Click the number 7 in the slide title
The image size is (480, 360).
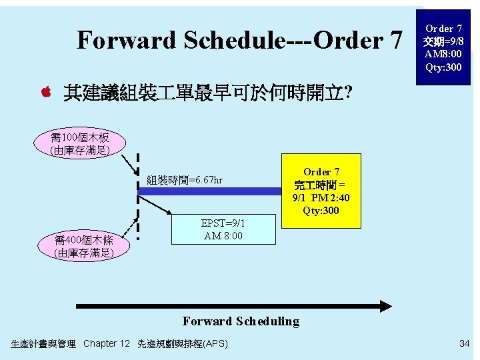click(395, 41)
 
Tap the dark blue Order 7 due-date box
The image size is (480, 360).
click(443, 48)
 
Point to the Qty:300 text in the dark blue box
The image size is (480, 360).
click(443, 67)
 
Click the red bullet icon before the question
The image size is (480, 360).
click(47, 92)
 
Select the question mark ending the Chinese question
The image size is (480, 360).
click(349, 93)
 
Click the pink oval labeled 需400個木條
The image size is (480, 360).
click(84, 246)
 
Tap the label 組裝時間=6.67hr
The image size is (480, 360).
click(185, 180)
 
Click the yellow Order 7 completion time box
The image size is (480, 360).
click(321, 191)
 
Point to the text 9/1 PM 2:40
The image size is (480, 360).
click(321, 198)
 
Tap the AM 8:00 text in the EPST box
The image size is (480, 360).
click(223, 236)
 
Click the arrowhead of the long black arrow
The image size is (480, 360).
click(385, 307)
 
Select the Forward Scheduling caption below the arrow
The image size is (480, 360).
click(241, 321)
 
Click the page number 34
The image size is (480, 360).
click(464, 343)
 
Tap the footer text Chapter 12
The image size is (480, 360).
click(107, 343)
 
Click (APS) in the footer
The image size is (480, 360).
click(215, 343)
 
